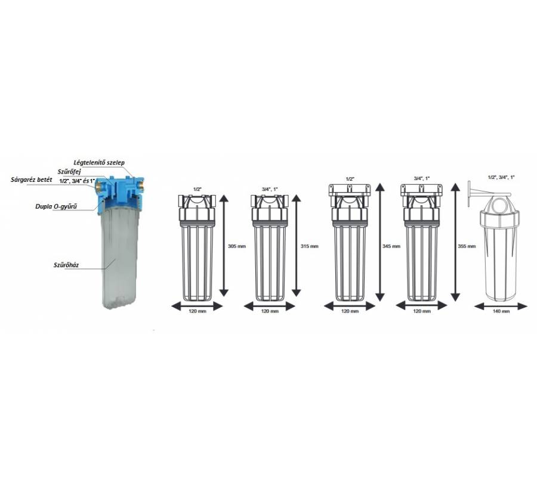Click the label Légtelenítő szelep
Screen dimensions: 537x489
pyautogui.click(x=99, y=163)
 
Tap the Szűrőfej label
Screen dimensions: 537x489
pyautogui.click(x=69, y=171)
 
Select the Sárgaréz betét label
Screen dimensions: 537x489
pyautogui.click(x=32, y=179)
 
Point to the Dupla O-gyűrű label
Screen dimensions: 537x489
pyautogui.click(x=56, y=206)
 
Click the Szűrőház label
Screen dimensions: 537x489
pyautogui.click(x=66, y=265)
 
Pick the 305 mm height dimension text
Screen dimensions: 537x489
pyautogui.click(x=237, y=246)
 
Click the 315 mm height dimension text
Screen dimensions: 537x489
pyautogui.click(x=309, y=246)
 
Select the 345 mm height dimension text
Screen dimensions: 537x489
pyautogui.click(x=391, y=246)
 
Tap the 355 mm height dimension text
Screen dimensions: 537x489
pyautogui.click(x=467, y=246)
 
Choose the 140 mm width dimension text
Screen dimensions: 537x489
pyautogui.click(x=501, y=311)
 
